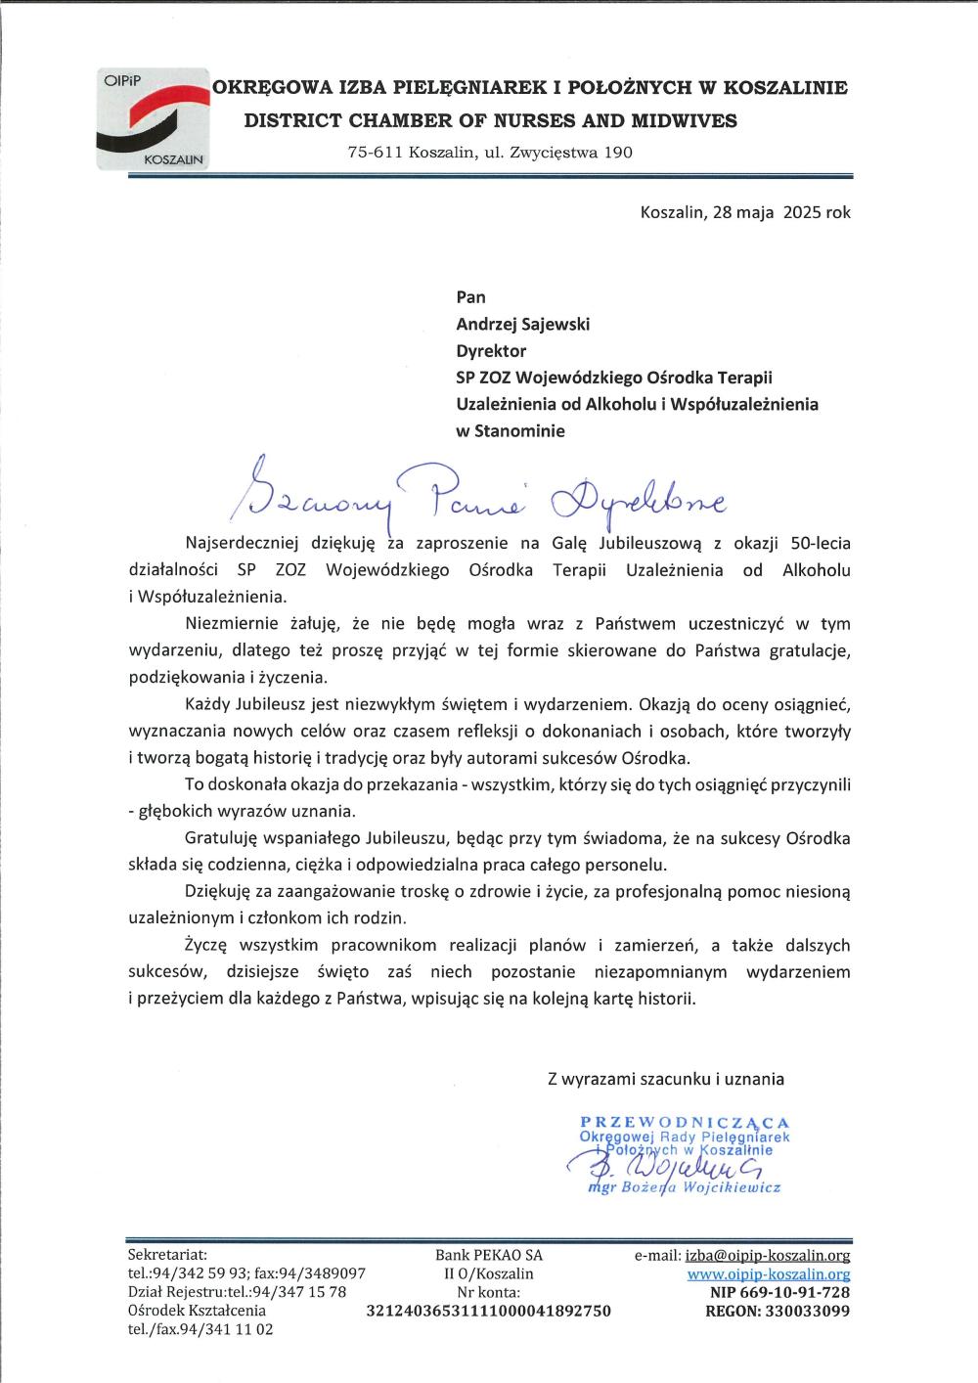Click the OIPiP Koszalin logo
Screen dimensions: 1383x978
(x=152, y=119)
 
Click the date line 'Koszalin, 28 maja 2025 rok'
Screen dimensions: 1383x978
(x=745, y=211)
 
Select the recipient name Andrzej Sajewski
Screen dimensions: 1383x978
(x=523, y=324)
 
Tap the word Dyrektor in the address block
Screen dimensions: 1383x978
(x=491, y=350)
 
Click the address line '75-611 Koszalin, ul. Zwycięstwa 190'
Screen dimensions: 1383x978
(x=490, y=153)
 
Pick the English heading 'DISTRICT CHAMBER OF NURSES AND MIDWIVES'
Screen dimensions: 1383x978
(x=490, y=120)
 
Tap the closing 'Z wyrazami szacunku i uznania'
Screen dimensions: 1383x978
(x=666, y=1079)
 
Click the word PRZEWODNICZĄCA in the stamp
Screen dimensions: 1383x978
(x=685, y=1123)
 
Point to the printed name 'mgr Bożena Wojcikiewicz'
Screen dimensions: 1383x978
(x=685, y=1188)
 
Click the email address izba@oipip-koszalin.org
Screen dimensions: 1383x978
(x=768, y=1255)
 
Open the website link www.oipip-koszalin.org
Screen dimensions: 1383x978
(x=768, y=1273)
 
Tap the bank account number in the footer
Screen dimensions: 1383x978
(x=488, y=1311)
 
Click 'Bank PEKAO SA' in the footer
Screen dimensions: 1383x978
(x=488, y=1255)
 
